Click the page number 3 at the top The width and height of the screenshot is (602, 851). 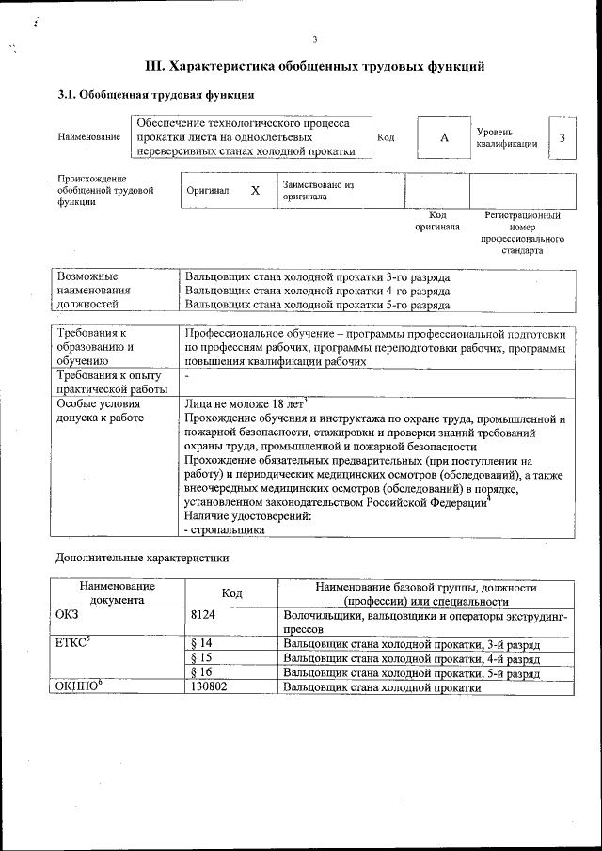315,39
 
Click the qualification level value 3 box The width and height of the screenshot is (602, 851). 562,138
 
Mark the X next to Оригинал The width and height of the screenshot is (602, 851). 255,190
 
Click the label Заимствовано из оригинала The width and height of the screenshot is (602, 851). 317,191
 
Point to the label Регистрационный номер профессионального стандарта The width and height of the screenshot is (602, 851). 522,233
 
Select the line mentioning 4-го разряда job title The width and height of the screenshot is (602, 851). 317,292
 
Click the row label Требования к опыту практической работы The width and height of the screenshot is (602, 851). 111,383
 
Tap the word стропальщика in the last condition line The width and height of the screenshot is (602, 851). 228,530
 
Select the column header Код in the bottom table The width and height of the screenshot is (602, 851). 231,593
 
